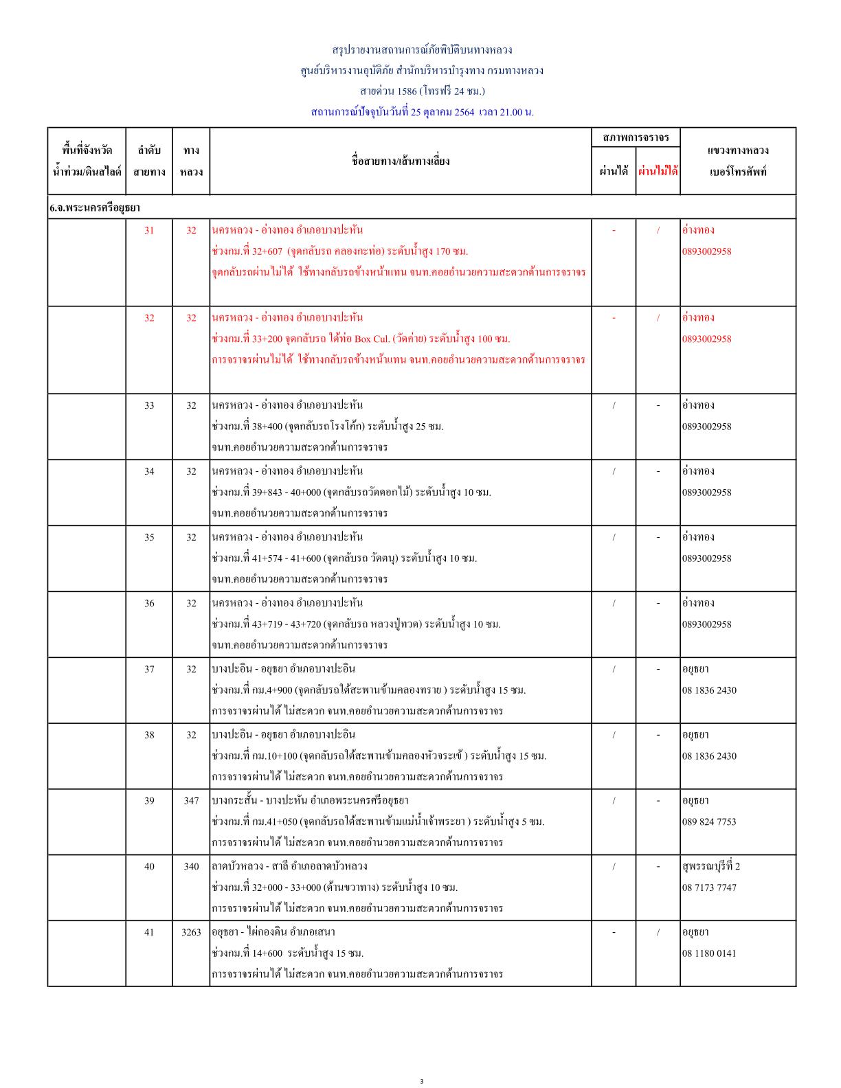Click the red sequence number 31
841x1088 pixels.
[x=149, y=230]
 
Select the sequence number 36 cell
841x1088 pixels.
[x=149, y=603]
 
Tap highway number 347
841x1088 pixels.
[x=191, y=800]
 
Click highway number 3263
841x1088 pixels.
[x=191, y=932]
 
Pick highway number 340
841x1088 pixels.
[x=191, y=866]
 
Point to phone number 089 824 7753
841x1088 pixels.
[x=708, y=821]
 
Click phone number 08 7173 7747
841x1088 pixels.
[x=708, y=887]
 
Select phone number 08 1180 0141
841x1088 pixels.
[x=708, y=953]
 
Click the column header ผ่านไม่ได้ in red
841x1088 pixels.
[x=658, y=171]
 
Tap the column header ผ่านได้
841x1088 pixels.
[x=614, y=171]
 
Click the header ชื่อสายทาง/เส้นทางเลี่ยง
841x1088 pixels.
[x=400, y=161]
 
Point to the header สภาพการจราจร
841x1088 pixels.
[x=636, y=137]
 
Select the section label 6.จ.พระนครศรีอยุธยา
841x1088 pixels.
[x=94, y=207]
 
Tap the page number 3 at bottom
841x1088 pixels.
[x=421, y=1082]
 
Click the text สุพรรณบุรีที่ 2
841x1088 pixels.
[x=710, y=866]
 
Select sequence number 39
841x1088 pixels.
[x=149, y=800]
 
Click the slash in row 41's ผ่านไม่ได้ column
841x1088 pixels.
[x=658, y=932]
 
